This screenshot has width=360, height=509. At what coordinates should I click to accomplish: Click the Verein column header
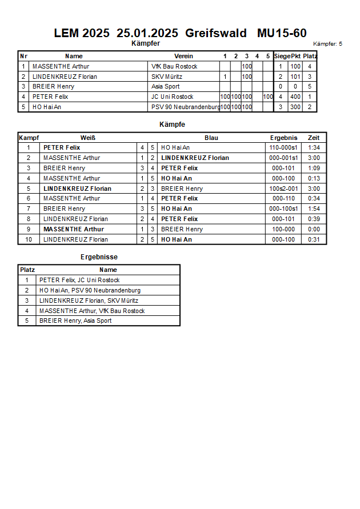point(183,56)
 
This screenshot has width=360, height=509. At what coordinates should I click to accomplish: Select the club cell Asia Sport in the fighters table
point(165,87)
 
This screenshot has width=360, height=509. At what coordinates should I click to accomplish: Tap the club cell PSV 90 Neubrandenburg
point(185,107)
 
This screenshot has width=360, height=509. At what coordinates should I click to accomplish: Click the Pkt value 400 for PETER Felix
point(295,97)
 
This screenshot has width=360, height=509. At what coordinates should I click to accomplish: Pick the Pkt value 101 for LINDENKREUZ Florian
point(295,77)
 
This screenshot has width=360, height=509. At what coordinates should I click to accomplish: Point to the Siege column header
point(281,56)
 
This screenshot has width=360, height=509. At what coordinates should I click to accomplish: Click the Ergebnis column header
point(283,138)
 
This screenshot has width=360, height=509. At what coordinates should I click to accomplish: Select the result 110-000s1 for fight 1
point(283,148)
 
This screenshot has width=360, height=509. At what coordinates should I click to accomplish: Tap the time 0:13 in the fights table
point(314,178)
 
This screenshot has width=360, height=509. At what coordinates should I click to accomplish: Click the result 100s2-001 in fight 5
point(283,189)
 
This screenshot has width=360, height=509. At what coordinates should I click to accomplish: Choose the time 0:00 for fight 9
point(314,229)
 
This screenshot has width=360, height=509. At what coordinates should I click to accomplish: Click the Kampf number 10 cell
point(28,239)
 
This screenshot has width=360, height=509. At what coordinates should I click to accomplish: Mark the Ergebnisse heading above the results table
point(99,257)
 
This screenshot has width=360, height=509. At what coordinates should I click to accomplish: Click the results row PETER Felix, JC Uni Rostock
point(79,280)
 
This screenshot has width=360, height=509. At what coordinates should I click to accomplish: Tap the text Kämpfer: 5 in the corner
point(327,44)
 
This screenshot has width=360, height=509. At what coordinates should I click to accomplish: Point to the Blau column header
point(211,138)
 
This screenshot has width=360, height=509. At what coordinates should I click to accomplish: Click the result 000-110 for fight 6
point(283,198)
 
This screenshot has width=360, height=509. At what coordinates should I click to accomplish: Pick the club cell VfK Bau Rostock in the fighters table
point(174,66)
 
